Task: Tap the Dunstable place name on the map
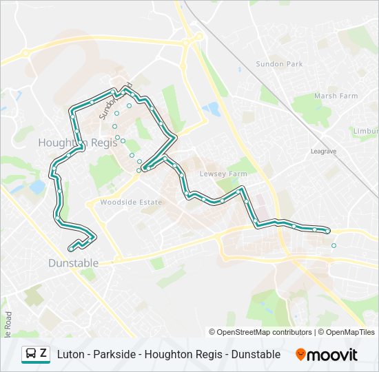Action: tap(73, 263)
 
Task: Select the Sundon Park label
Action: tap(280, 64)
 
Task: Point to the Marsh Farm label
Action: tap(336, 96)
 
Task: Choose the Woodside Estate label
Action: tap(131, 203)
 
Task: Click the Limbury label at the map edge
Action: tap(366, 131)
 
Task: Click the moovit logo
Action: tap(327, 355)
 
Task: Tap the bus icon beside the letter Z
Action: tap(31, 354)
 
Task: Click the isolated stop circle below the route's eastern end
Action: tap(334, 245)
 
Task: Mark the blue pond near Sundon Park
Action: tap(211, 109)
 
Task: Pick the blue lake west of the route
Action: tap(37, 187)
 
